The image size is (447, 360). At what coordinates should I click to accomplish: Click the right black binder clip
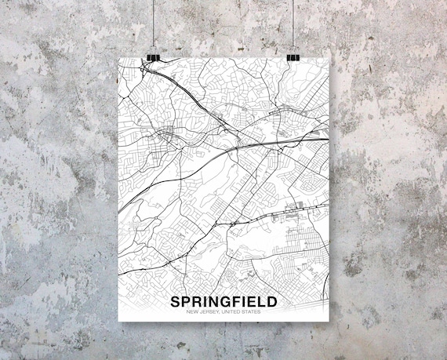coord(293,57)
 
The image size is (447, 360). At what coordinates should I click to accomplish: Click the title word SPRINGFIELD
coord(223,302)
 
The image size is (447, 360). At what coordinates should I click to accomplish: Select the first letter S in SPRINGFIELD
coord(174,302)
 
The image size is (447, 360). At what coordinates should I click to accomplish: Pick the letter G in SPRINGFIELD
coord(224,302)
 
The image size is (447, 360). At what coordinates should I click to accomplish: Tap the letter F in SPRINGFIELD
coord(236,302)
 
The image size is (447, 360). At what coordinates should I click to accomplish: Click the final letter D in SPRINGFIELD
coord(272,302)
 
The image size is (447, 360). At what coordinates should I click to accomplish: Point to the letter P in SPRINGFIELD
coord(185,302)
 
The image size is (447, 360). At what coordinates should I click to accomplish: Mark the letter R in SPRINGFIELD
coord(196,302)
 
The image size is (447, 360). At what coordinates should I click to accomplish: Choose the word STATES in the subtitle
coord(251,313)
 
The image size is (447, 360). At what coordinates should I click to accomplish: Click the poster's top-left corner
coord(119,59)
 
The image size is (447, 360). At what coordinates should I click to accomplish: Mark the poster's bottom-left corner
coord(119,321)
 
